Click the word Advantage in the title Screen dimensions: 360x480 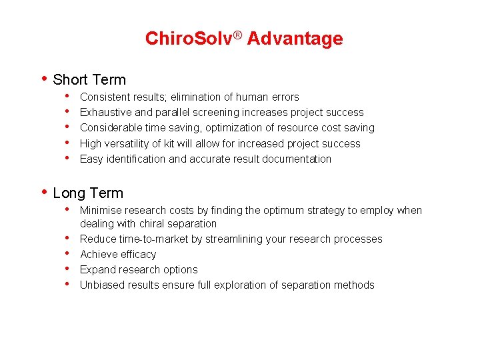coord(295,39)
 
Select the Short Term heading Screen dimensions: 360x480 coord(89,80)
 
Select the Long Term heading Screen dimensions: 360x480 coord(88,193)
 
